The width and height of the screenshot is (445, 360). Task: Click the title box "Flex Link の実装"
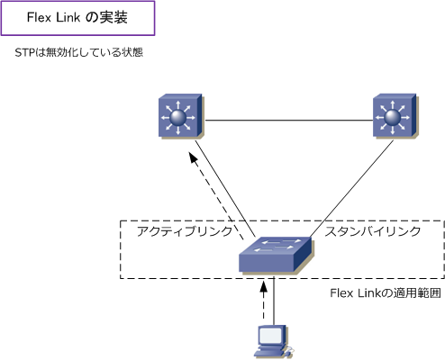pyautogui.click(x=77, y=18)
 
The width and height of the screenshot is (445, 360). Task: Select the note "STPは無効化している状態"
pyautogui.click(x=78, y=52)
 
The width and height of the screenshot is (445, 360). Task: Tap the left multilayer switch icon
pyautogui.click(x=181, y=116)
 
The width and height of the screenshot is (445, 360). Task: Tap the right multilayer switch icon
pyautogui.click(x=395, y=116)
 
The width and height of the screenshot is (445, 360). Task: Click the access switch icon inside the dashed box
pyautogui.click(x=277, y=255)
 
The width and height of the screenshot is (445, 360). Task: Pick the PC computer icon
pyautogui.click(x=273, y=342)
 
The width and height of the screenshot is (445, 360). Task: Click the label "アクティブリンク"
pyautogui.click(x=185, y=231)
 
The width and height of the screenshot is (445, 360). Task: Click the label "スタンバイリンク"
pyautogui.click(x=373, y=231)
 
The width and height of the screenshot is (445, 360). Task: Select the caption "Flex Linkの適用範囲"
pyautogui.click(x=386, y=293)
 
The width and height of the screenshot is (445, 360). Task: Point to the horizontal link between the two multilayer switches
pyautogui.click(x=289, y=121)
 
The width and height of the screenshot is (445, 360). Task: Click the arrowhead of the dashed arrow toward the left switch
pyautogui.click(x=193, y=157)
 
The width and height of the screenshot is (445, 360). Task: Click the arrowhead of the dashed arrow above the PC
pyautogui.click(x=263, y=286)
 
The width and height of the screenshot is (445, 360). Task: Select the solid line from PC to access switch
pyautogui.click(x=274, y=301)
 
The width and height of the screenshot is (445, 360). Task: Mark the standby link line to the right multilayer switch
pyautogui.click(x=351, y=189)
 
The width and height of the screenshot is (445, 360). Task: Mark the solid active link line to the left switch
pyautogui.click(x=225, y=189)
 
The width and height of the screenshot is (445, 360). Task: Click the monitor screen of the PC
pyautogui.click(x=270, y=336)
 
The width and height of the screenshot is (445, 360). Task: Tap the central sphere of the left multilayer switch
pyautogui.click(x=178, y=117)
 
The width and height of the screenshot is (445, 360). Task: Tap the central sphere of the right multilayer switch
pyautogui.click(x=393, y=117)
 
